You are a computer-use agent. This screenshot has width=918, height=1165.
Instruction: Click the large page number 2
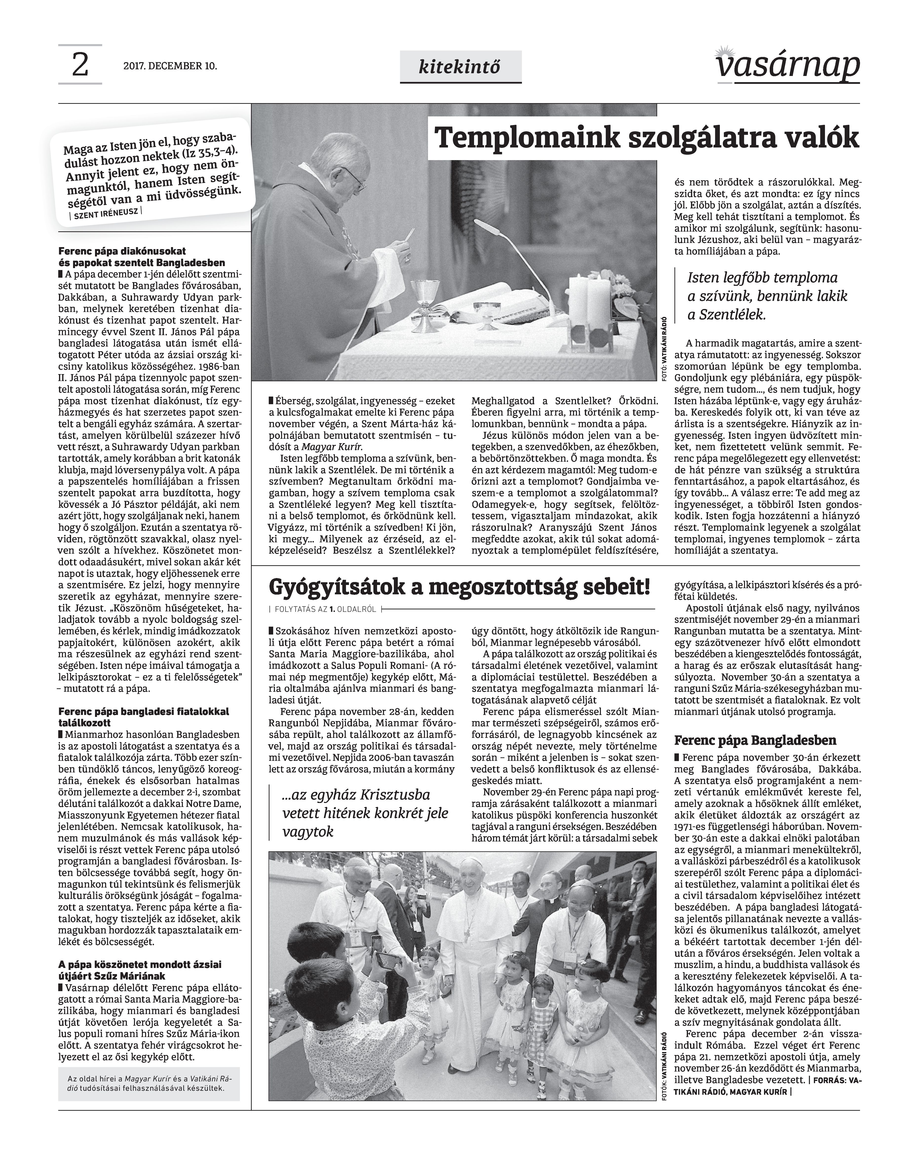79,65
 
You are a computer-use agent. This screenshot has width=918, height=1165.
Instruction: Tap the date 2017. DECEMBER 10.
170,67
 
